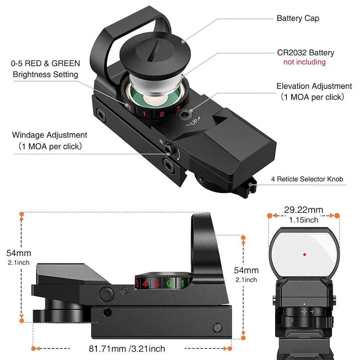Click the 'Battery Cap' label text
pyautogui.click(x=298, y=18)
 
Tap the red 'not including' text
pyautogui.click(x=304, y=62)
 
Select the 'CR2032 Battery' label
pyautogui.click(x=305, y=53)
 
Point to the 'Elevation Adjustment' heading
pyautogui.click(x=314, y=86)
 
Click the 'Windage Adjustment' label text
pyautogui.click(x=50, y=135)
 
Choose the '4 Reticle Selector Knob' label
pyautogui.click(x=307, y=179)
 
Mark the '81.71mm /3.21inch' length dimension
pyautogui.click(x=127, y=348)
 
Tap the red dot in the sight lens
pyautogui.click(x=304, y=254)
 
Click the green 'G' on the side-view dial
pyautogui.click(x=169, y=283)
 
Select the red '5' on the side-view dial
pyautogui.click(x=156, y=283)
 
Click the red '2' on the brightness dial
pyautogui.click(x=162, y=114)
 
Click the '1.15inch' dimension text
pyautogui.click(x=304, y=219)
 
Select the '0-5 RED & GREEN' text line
pyautogui.click(x=45, y=64)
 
